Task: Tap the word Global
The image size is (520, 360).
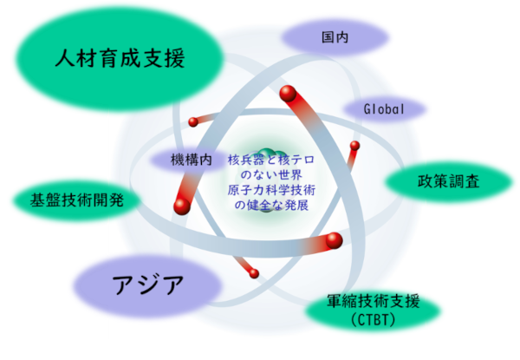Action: [x=384, y=110]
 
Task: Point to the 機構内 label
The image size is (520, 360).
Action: [x=192, y=160]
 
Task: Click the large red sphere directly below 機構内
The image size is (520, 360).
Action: [x=181, y=205]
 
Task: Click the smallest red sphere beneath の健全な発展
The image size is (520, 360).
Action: [x=255, y=274]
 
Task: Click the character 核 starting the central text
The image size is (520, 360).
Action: [x=233, y=160]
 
